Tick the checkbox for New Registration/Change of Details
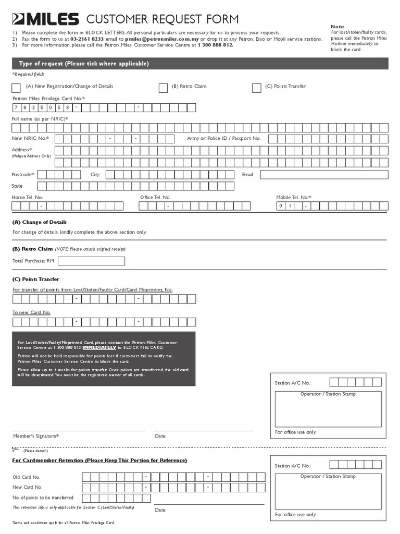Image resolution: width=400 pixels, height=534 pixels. click(x=16, y=88)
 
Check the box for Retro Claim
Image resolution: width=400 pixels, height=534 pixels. click(x=163, y=88)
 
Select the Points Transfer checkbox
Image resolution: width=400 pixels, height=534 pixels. click(x=256, y=88)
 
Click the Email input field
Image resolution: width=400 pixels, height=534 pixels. click(x=323, y=175)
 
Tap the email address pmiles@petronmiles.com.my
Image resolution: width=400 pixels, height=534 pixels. click(x=161, y=39)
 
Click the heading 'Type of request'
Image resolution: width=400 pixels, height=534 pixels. click(x=83, y=64)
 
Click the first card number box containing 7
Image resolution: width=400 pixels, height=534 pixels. click(x=17, y=108)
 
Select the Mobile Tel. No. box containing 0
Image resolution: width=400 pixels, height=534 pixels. click(x=281, y=206)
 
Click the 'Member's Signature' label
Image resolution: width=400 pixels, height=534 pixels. click(x=35, y=436)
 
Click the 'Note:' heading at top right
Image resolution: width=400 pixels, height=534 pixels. click(x=338, y=26)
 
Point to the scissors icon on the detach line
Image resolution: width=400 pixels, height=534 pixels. click(x=16, y=449)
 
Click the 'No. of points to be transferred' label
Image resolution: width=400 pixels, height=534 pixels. click(x=43, y=497)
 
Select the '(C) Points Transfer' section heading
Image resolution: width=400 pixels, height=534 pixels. click(x=35, y=280)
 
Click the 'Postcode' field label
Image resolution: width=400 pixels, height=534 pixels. click(x=23, y=175)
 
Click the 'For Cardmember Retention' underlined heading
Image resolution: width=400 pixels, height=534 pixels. click(x=99, y=460)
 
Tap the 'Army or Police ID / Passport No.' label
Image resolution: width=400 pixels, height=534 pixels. click(x=223, y=138)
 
